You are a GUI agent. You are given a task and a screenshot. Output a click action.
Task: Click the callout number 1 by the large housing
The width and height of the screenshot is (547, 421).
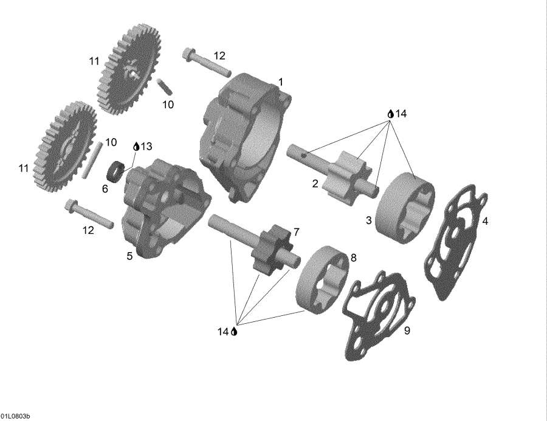pos(280,81)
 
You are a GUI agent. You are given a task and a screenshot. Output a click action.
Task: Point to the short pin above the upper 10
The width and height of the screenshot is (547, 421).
pos(162,86)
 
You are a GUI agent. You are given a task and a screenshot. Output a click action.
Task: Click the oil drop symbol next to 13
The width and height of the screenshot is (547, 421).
pos(136,146)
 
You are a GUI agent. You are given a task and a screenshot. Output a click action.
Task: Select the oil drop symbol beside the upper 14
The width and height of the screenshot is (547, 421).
pos(391,114)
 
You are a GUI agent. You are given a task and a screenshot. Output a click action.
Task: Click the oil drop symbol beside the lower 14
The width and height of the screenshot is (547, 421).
pos(234,332)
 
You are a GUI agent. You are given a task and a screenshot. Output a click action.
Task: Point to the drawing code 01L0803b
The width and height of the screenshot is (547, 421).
pos(16,416)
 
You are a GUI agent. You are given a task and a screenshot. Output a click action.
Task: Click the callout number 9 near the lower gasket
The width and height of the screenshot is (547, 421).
pos(407,330)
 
